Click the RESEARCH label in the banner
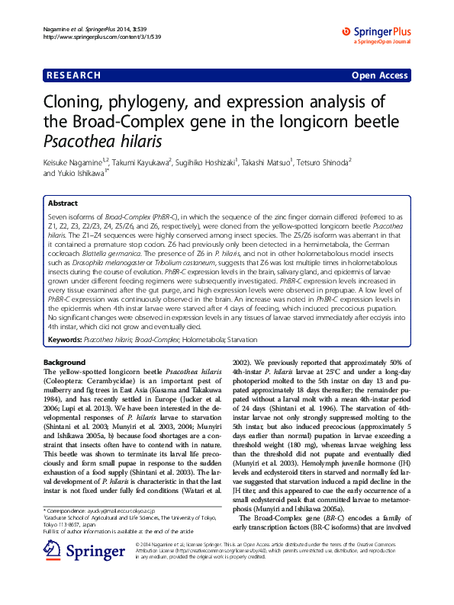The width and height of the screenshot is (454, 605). pos(73,75)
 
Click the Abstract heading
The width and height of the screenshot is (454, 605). pos(63,204)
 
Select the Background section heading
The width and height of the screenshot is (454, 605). pos(64,361)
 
